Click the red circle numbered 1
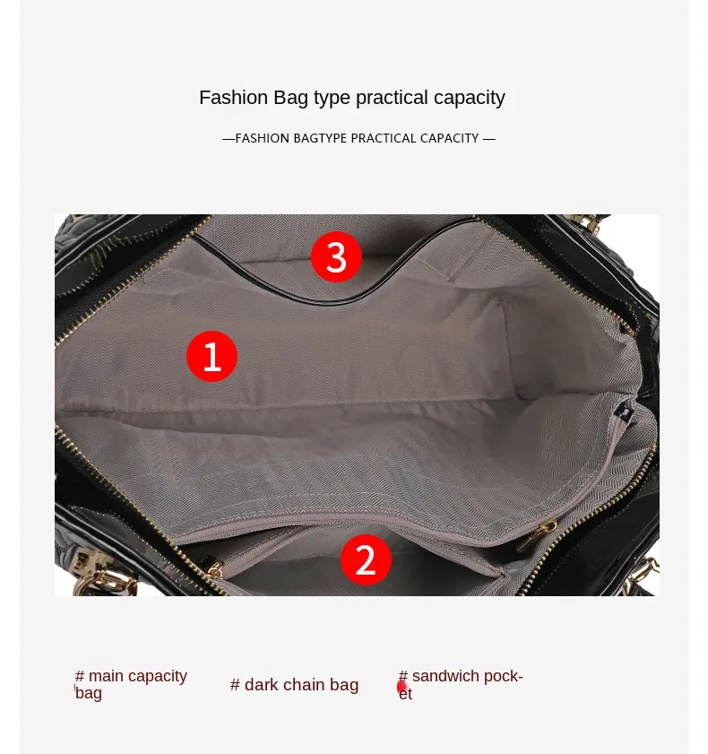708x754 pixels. [212, 356]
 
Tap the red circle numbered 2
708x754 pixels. [366, 559]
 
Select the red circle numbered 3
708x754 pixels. [336, 256]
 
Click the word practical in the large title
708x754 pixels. [392, 99]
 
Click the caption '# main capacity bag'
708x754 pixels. [131, 684]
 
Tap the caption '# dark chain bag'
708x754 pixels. [294, 685]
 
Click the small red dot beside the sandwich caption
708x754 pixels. [401, 687]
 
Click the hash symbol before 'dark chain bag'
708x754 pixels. [235, 685]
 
